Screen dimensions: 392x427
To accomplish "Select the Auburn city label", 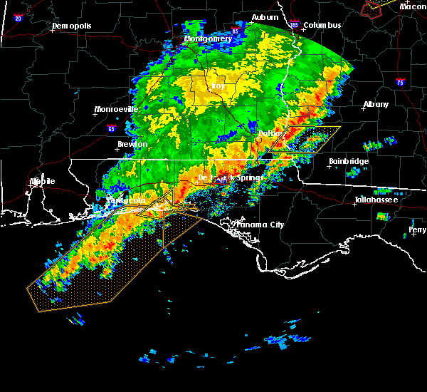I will coord(265,16).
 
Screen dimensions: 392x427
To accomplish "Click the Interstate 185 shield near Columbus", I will coord(295,24).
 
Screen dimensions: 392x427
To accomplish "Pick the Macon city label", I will coord(413,6).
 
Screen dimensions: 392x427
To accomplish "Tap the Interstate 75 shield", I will coord(400,83).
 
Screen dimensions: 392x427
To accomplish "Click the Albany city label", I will coord(376,104).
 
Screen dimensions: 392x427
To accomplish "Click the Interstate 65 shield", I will coord(111,129).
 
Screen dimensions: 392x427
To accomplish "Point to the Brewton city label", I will coord(132,144).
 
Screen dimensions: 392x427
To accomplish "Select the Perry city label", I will coord(418,230).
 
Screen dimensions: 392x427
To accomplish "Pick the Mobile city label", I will coord(42,181).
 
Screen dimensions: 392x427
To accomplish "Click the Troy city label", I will coord(218,86).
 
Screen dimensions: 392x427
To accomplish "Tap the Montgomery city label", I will coord(208,38).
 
